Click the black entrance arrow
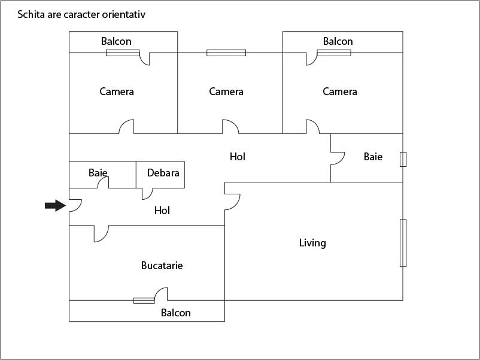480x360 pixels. (x=55, y=206)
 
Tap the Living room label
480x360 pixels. (x=312, y=243)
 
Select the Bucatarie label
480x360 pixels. (x=162, y=266)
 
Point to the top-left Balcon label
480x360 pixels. (x=116, y=41)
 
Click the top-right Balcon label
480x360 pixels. (x=338, y=41)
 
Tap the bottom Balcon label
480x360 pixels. (x=176, y=313)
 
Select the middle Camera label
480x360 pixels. (x=226, y=91)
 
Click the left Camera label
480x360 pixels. (x=117, y=91)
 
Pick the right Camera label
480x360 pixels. (x=340, y=91)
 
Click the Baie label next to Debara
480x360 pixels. (x=98, y=173)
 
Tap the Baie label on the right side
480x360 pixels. (x=373, y=157)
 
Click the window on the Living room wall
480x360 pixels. (x=403, y=243)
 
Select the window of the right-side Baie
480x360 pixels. (x=403, y=158)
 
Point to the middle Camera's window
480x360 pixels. (x=226, y=53)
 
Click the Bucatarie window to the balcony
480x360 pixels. (x=144, y=300)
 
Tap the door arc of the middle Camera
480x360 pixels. (x=231, y=127)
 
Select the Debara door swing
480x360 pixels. (x=147, y=193)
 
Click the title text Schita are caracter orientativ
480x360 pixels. (x=81, y=14)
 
